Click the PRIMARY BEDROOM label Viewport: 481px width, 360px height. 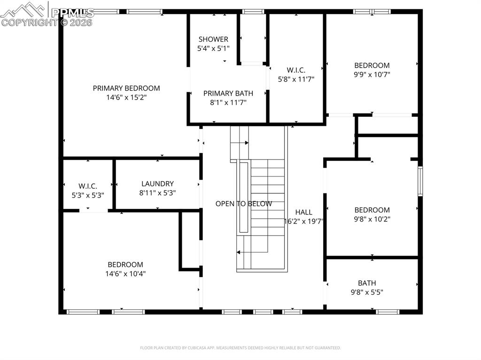coord(126,88)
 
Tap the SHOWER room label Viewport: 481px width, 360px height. coord(213,39)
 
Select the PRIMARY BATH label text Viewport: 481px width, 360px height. coord(228,93)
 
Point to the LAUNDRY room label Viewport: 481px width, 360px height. coord(157,184)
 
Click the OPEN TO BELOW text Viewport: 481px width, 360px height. coord(243,204)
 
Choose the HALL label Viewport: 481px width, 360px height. coord(304,212)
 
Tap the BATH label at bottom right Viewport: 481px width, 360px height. coord(367,283)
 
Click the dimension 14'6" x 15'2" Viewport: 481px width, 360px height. coord(126,97)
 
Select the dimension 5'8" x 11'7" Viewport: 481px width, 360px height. coord(296,79)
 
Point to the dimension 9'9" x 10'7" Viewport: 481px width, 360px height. coord(372,74)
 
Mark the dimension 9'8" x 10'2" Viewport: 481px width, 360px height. coord(372,219)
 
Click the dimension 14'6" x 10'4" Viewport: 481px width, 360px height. coord(125,273)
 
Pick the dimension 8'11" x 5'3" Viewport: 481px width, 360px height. coord(157,192)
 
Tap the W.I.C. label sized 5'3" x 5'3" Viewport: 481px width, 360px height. coord(88,186)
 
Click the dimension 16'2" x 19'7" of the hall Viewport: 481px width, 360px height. coord(304,221)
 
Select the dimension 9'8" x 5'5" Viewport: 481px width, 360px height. coord(367,292)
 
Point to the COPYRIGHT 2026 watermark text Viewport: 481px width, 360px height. coord(47,22)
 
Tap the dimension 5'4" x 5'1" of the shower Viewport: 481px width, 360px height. coord(213,48)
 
